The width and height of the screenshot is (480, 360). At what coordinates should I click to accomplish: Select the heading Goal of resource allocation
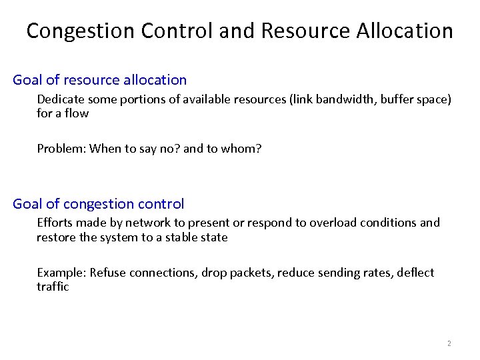point(100,80)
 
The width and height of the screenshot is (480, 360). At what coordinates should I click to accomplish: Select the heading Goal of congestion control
point(99,204)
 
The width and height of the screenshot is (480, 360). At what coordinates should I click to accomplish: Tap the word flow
point(77,113)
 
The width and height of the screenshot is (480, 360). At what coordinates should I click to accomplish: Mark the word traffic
point(53,287)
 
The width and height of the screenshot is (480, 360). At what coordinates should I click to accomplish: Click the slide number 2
point(449,343)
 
